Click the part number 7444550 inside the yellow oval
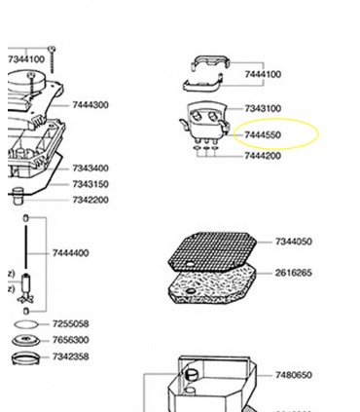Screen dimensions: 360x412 click(263, 134)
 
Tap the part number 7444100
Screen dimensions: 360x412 click(263, 74)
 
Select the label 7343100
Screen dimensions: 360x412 click(263, 108)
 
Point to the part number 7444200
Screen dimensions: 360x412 click(263, 156)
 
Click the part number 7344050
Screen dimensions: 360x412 click(294, 242)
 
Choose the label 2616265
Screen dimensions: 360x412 click(294, 273)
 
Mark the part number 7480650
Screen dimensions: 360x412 click(294, 375)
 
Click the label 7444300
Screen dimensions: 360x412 click(90, 105)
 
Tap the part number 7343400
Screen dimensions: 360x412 click(90, 169)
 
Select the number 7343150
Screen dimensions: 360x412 click(90, 184)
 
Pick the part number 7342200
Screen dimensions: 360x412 click(90, 200)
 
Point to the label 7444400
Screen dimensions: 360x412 click(70, 253)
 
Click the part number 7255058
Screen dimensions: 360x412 click(70, 323)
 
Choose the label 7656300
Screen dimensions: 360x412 click(70, 340)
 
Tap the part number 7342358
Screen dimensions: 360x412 click(70, 356)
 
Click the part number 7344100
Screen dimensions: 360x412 click(26, 59)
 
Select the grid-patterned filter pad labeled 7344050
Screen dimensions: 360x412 click(212, 251)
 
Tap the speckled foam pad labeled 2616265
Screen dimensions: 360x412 click(212, 283)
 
